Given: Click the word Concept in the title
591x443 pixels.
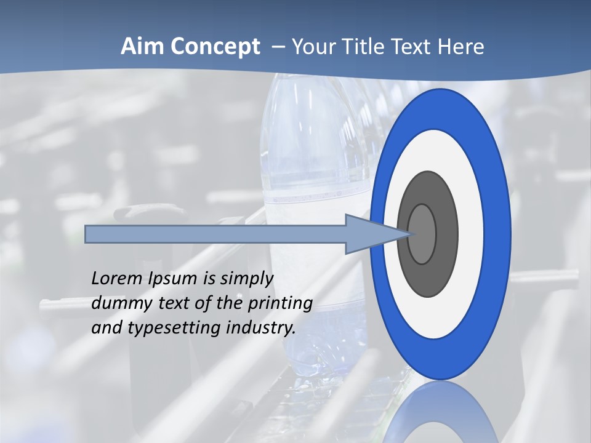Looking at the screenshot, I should point(215,47).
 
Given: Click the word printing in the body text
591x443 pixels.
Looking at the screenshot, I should point(280,304).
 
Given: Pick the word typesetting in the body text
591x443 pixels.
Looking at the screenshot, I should point(175,328).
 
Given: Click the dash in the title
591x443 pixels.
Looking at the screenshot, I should point(278,47).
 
